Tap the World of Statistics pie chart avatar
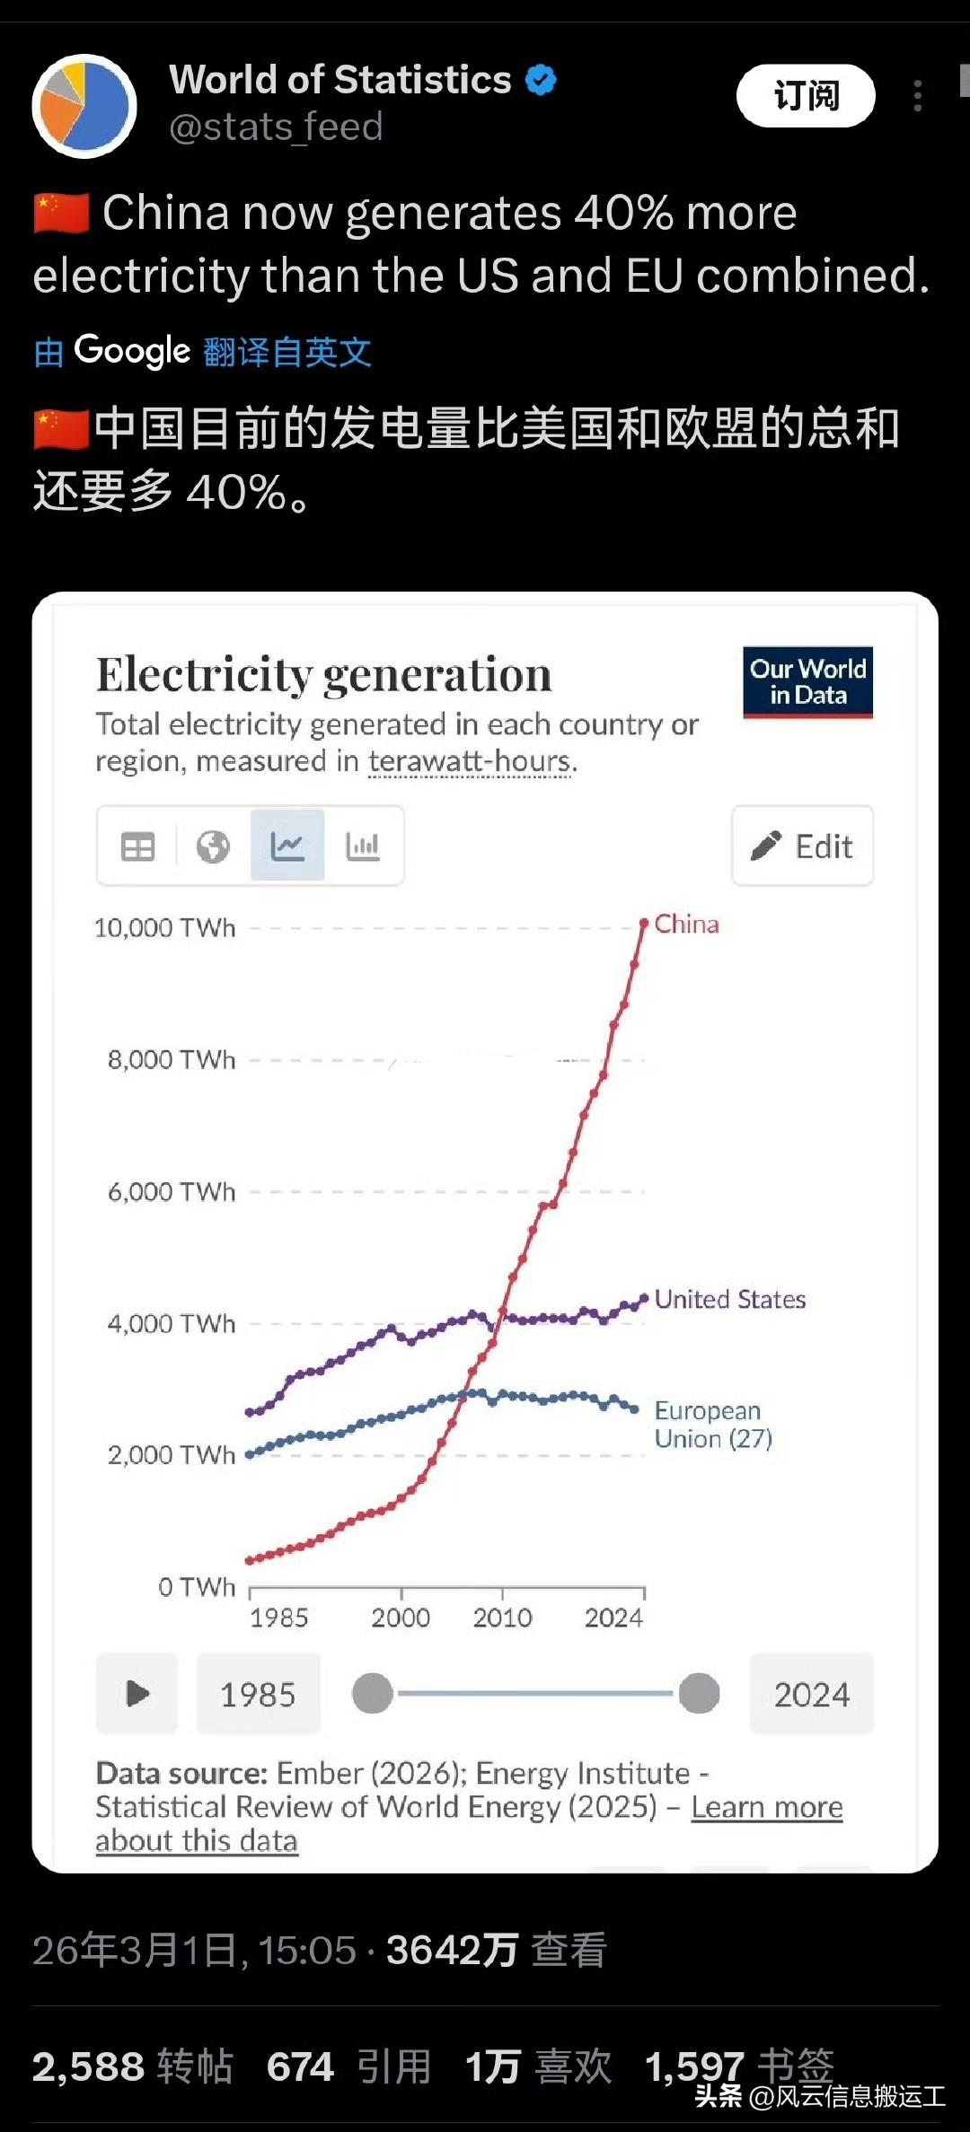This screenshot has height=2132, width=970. tap(84, 106)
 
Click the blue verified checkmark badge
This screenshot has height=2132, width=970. tap(541, 80)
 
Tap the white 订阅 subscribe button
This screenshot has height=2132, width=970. tap(806, 95)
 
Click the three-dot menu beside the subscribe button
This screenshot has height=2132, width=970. tap(917, 96)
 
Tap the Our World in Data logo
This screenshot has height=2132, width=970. tap(807, 682)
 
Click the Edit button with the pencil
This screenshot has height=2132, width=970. tap(802, 846)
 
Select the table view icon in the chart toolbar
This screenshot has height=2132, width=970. tap(137, 846)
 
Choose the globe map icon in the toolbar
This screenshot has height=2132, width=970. tap(213, 846)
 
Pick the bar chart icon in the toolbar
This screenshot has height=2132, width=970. tap(363, 846)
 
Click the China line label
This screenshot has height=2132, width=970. tap(686, 924)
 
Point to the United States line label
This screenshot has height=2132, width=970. tap(729, 1299)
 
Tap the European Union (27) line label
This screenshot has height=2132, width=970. tap(712, 1425)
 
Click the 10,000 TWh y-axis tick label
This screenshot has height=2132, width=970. tap(165, 927)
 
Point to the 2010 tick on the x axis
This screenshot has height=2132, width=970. tap(502, 1618)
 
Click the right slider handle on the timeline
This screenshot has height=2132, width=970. tap(699, 1693)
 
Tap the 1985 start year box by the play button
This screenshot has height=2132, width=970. tap(258, 1694)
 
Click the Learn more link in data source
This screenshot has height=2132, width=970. tap(766, 1807)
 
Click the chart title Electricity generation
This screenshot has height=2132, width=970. tap(323, 674)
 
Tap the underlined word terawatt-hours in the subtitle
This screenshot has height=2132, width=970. tap(469, 761)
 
